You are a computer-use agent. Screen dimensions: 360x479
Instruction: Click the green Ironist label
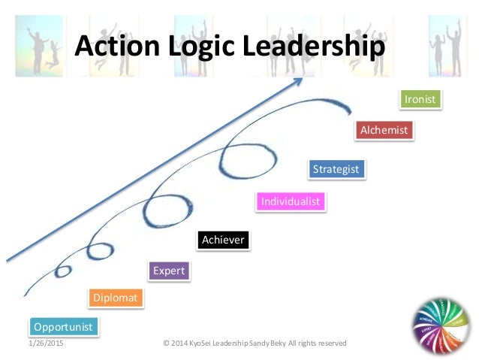point(420,99)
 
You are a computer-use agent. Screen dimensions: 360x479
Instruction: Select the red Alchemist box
point(384,130)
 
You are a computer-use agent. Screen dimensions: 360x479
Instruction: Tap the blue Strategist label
point(336,169)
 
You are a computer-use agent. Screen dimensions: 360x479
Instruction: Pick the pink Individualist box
point(290,201)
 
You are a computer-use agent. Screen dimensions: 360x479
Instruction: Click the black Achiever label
point(222,240)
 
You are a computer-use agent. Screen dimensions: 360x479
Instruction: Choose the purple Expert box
point(168,271)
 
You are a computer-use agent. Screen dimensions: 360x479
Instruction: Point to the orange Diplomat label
point(115,298)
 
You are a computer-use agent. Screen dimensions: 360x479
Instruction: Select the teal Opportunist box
point(63,327)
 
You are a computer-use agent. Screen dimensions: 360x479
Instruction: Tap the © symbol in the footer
point(166,343)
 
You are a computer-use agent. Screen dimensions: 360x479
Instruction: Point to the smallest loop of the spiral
point(64,269)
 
